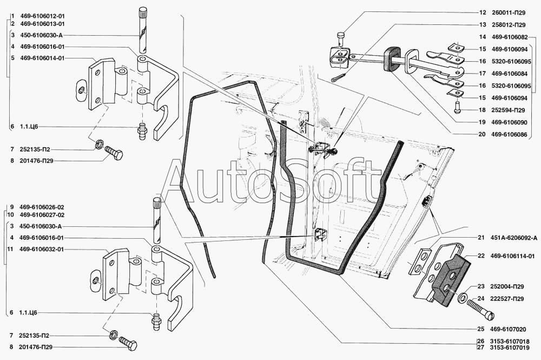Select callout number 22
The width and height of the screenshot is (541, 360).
[x=481, y=256]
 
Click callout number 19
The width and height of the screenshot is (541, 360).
[x=482, y=123]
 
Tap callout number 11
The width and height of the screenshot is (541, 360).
[x=11, y=249]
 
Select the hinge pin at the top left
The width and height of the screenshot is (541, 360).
[x=143, y=32]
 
